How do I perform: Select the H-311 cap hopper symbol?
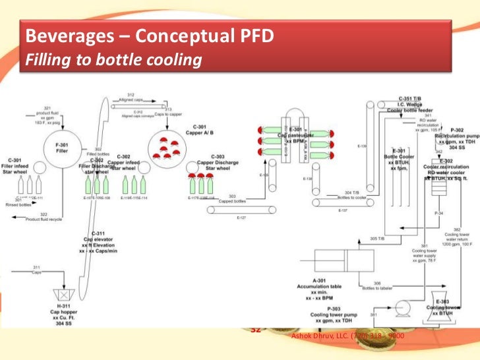pos(65,293)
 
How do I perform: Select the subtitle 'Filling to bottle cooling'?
pos(112,61)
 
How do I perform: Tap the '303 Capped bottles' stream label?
pos(231,199)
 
